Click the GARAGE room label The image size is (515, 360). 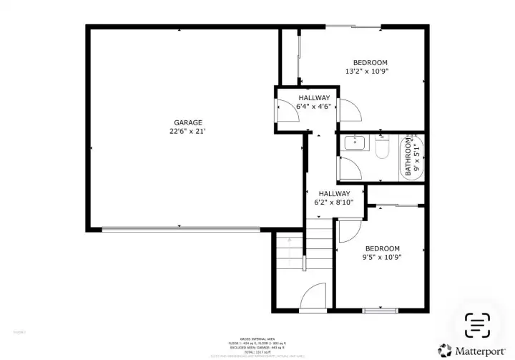coord(187,122)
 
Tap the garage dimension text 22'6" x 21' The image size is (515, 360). coord(187,132)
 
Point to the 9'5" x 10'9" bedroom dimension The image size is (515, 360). coord(381,258)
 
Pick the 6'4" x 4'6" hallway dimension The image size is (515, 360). coord(314,107)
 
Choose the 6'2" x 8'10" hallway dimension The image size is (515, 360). coord(334,203)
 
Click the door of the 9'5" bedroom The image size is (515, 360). coord(348,230)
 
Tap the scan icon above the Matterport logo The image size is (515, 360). coord(477,324)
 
